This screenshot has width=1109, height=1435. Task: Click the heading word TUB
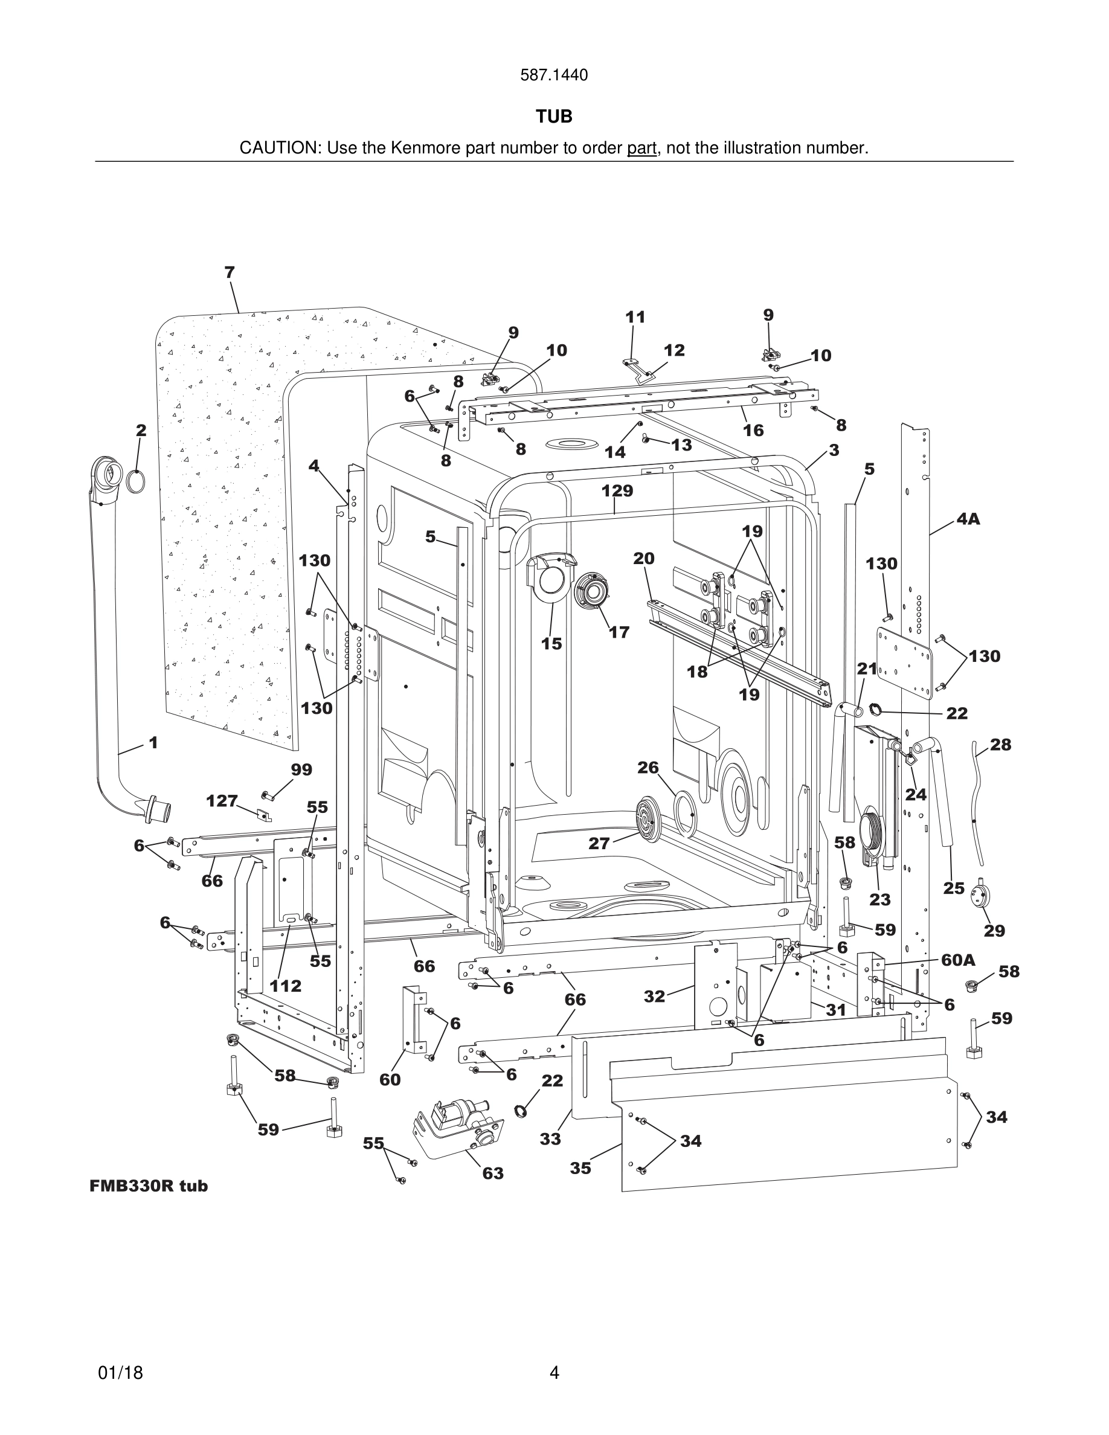(554, 117)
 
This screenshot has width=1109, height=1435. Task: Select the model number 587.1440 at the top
(554, 75)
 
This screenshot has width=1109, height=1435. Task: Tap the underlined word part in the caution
(641, 149)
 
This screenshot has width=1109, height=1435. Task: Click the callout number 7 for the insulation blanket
(230, 272)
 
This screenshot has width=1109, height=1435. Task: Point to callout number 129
(617, 491)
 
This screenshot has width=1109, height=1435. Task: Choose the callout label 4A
(968, 519)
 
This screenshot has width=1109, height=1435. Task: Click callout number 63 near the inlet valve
(493, 1173)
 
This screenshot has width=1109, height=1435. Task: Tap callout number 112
(285, 986)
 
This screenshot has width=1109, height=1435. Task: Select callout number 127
(222, 801)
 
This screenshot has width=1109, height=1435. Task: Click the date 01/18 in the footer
(120, 1373)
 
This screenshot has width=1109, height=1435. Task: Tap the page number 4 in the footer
(554, 1373)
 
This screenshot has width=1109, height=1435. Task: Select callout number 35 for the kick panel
(580, 1167)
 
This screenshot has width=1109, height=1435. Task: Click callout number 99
(301, 769)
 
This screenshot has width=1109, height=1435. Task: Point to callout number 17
(619, 632)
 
